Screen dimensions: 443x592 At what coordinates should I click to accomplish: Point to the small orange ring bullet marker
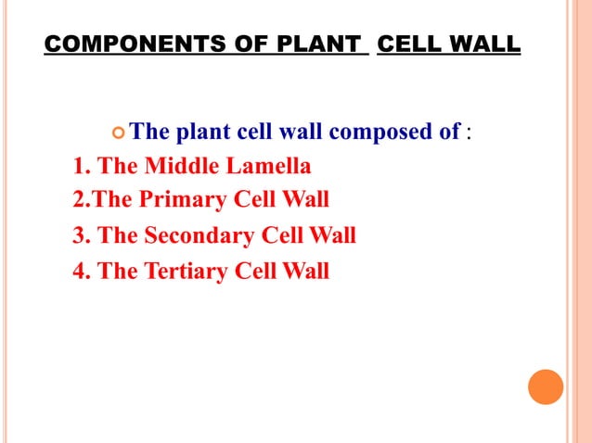[117, 133]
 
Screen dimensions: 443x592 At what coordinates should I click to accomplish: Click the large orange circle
[546, 386]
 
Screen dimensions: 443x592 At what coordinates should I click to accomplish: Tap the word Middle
[179, 167]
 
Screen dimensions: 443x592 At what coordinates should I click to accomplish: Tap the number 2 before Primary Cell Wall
[78, 200]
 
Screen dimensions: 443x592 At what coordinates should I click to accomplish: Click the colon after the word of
[470, 133]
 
